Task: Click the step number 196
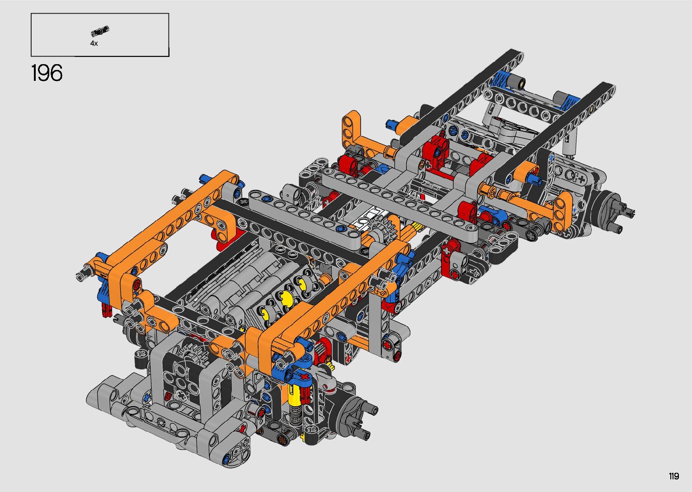click(x=47, y=73)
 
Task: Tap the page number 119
click(x=674, y=476)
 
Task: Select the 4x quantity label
click(x=94, y=43)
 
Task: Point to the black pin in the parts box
click(x=100, y=31)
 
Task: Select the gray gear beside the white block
click(x=382, y=228)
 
